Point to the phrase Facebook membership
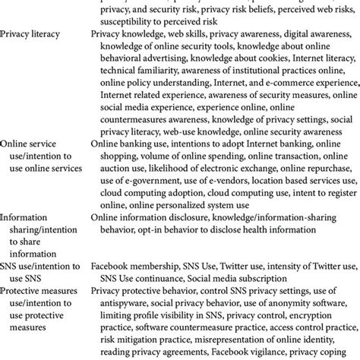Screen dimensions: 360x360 coord(131,268)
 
